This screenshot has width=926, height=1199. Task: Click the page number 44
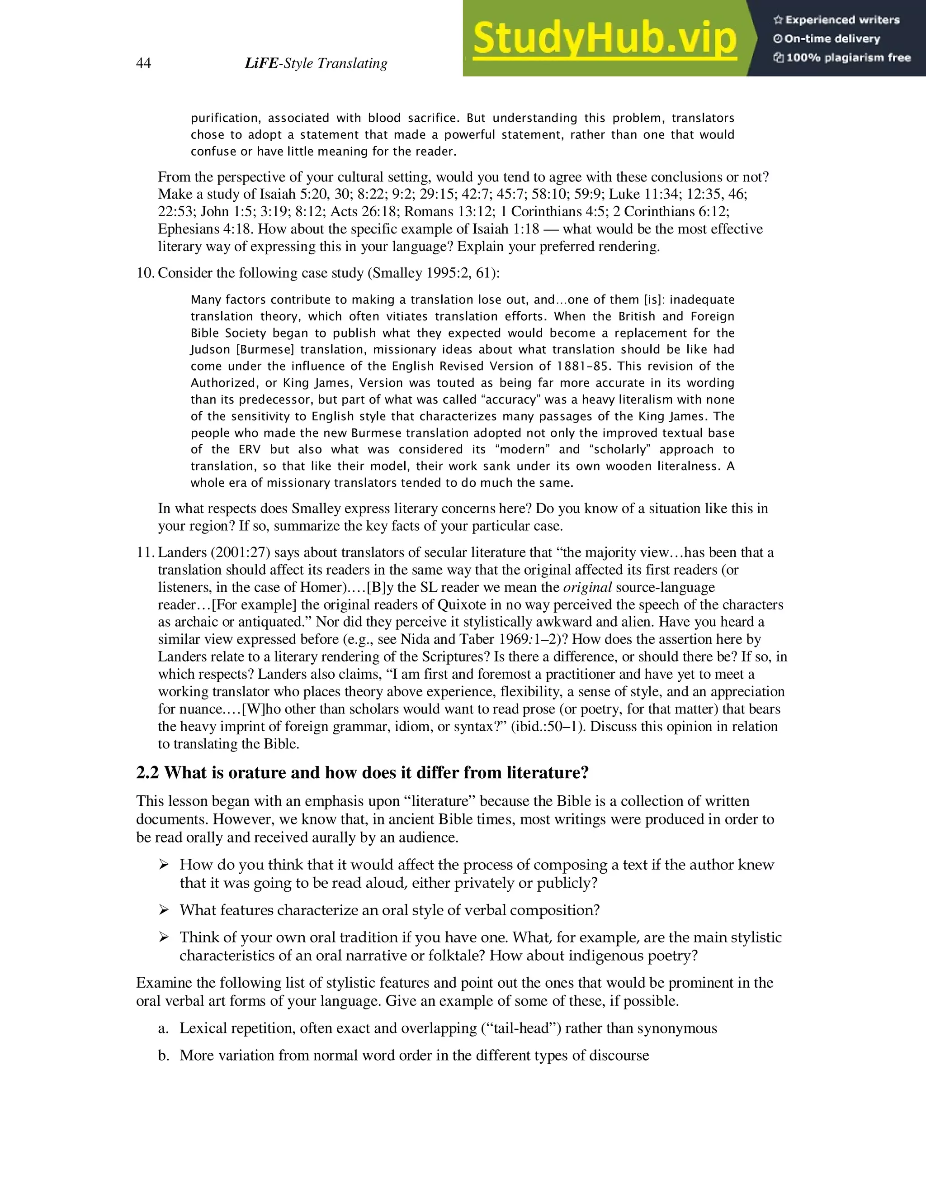[143, 64]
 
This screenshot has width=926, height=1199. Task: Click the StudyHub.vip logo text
[604, 39]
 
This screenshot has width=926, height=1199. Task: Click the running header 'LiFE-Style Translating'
[316, 64]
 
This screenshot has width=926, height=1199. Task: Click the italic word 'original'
[587, 587]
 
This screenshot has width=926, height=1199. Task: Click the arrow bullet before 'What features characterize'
[164, 910]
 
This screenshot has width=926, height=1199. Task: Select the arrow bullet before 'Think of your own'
[164, 937]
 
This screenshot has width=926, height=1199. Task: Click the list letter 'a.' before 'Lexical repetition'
[163, 1028]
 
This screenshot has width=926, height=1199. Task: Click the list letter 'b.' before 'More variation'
[163, 1055]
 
